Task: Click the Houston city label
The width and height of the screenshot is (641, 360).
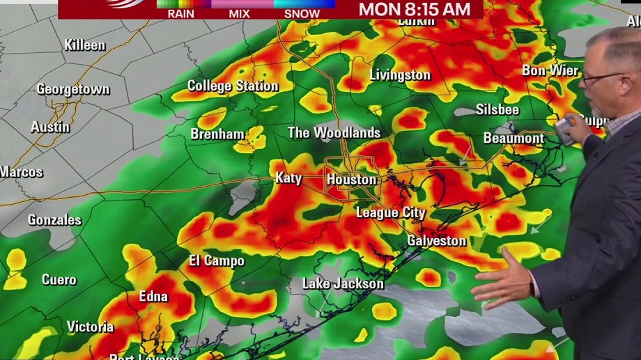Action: click(x=352, y=180)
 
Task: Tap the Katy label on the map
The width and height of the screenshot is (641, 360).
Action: click(x=288, y=178)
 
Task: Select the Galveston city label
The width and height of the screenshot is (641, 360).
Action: click(x=437, y=241)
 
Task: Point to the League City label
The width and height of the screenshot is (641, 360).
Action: click(x=390, y=213)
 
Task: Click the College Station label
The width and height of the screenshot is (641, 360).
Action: click(x=233, y=86)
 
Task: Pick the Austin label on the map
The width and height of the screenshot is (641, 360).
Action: click(x=50, y=127)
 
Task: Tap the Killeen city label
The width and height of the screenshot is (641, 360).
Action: click(x=85, y=45)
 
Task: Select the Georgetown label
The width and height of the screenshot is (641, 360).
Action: click(x=73, y=90)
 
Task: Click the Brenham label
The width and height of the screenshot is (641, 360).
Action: click(x=217, y=134)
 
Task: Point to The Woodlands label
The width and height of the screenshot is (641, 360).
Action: click(x=334, y=132)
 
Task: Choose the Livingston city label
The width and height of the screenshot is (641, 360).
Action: click(x=400, y=75)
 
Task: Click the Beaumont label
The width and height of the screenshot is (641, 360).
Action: click(x=513, y=139)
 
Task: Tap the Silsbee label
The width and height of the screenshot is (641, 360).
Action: click(x=497, y=109)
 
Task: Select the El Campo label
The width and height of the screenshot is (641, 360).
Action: click(x=217, y=261)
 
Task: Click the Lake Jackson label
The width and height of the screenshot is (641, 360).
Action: click(x=343, y=283)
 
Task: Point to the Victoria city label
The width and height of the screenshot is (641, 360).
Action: click(x=91, y=327)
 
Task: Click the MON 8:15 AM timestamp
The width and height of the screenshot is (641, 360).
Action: click(x=414, y=9)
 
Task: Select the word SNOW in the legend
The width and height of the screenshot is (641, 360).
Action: click(x=302, y=13)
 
